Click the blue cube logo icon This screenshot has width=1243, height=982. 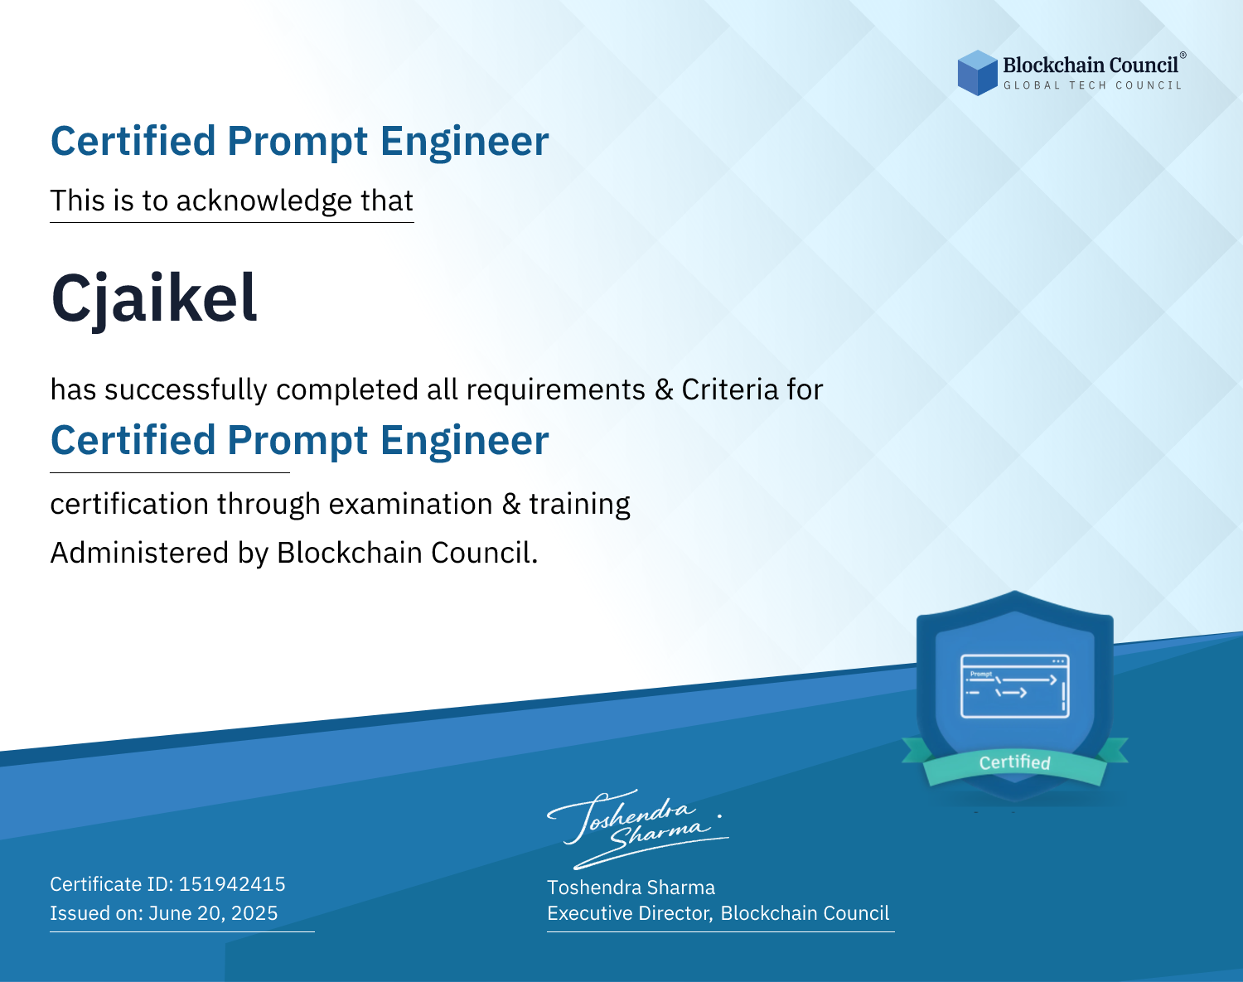pos(977,73)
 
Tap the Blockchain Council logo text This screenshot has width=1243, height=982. pos(1091,65)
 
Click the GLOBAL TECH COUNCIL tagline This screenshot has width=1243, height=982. pos(1092,85)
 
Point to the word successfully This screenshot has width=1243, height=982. pos(186,390)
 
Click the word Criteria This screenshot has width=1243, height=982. pos(729,389)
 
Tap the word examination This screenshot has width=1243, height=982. pos(411,504)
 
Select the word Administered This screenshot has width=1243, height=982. pos(140,553)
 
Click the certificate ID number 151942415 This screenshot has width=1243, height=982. pos(232,883)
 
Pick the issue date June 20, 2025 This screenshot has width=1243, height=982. pos(213,913)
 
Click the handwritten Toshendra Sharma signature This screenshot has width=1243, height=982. pos(638,830)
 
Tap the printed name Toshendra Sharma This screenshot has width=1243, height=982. pos(631,888)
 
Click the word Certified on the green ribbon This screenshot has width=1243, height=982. pos(1015,762)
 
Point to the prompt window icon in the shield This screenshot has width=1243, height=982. pos(1015,686)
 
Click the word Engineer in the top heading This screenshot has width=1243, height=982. pos(464,142)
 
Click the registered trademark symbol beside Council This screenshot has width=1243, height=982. pos(1183,56)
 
